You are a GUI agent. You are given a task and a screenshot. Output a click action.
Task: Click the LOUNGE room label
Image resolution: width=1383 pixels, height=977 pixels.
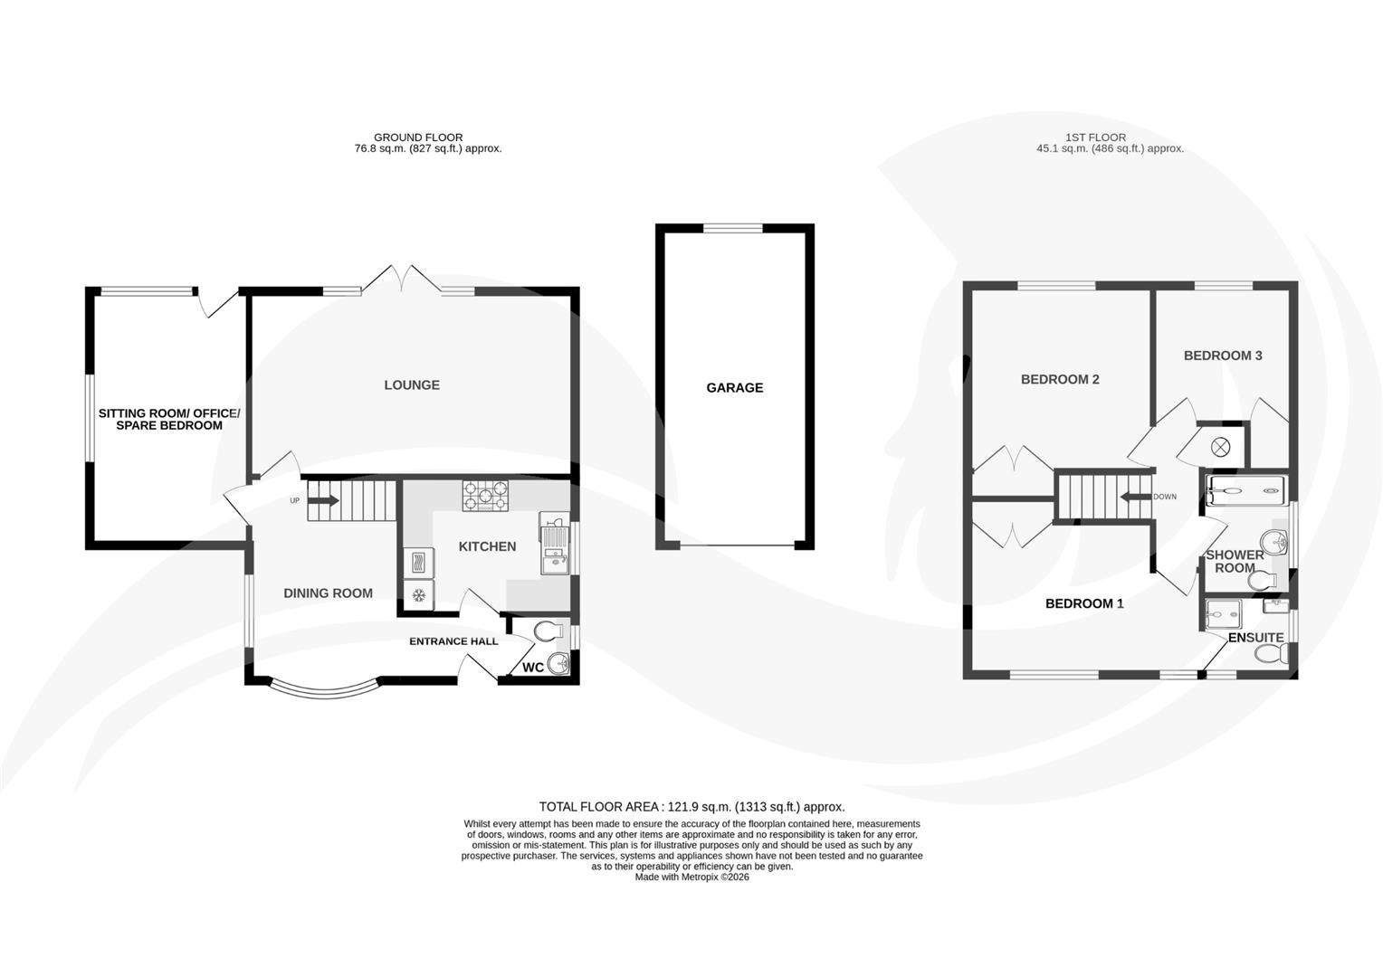point(412,384)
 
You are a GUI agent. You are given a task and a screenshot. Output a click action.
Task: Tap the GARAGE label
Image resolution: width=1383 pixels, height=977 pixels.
point(734,387)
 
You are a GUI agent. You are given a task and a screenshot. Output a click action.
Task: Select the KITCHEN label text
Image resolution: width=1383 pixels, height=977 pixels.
point(487,546)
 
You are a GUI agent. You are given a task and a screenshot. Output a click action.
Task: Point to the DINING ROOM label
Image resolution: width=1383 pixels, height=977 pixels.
point(328,593)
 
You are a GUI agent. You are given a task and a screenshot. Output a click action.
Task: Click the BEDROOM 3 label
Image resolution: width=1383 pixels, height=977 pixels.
point(1223,356)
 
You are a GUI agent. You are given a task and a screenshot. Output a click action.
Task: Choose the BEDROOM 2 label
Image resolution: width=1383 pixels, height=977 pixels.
point(1060,379)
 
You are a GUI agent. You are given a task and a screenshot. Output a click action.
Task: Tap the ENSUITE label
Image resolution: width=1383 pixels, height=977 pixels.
point(1255,638)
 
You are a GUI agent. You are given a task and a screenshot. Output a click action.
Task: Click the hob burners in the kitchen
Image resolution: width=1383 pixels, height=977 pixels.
point(485,495)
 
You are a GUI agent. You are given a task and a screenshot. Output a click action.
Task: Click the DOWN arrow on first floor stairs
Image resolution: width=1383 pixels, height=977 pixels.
point(1132,497)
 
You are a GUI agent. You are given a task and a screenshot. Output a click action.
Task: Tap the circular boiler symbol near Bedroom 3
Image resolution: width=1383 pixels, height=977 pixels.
point(1221,445)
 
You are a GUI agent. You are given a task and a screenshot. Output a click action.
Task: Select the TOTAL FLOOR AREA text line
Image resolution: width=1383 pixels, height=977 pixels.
point(691,807)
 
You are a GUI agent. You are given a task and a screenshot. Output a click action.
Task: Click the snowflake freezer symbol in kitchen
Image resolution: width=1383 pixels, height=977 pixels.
point(418,595)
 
